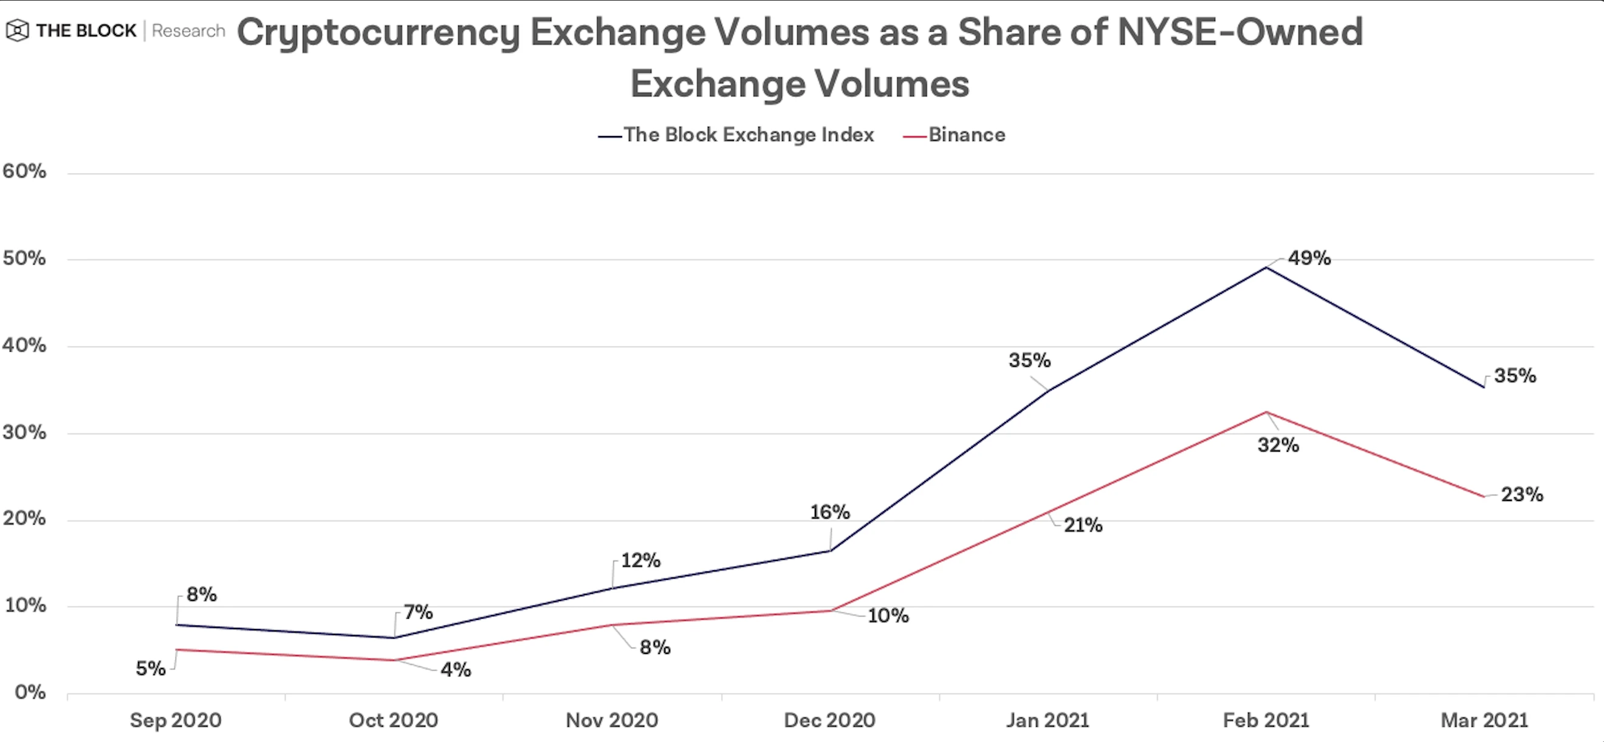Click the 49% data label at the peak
[1309, 257]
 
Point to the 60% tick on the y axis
[24, 171]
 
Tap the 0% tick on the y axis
[30, 692]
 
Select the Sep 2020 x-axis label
[176, 720]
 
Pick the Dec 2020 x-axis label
[829, 720]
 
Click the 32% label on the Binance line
[1278, 445]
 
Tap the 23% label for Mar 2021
[1521, 494]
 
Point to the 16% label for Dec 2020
[829, 512]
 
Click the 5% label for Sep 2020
[151, 669]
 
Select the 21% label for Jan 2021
[1083, 525]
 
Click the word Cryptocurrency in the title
[378, 32]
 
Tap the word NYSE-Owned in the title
[1239, 32]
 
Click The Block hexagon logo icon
[18, 30]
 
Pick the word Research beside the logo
[188, 30]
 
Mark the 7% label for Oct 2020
[418, 612]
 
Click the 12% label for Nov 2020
[640, 560]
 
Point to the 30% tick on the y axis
[24, 432]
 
